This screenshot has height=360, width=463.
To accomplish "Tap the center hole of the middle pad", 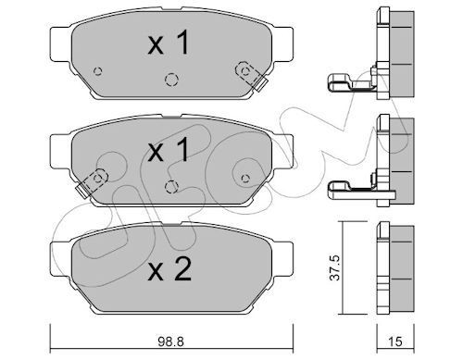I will (x=169, y=187).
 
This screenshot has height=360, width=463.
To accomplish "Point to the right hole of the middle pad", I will (x=244, y=178).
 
